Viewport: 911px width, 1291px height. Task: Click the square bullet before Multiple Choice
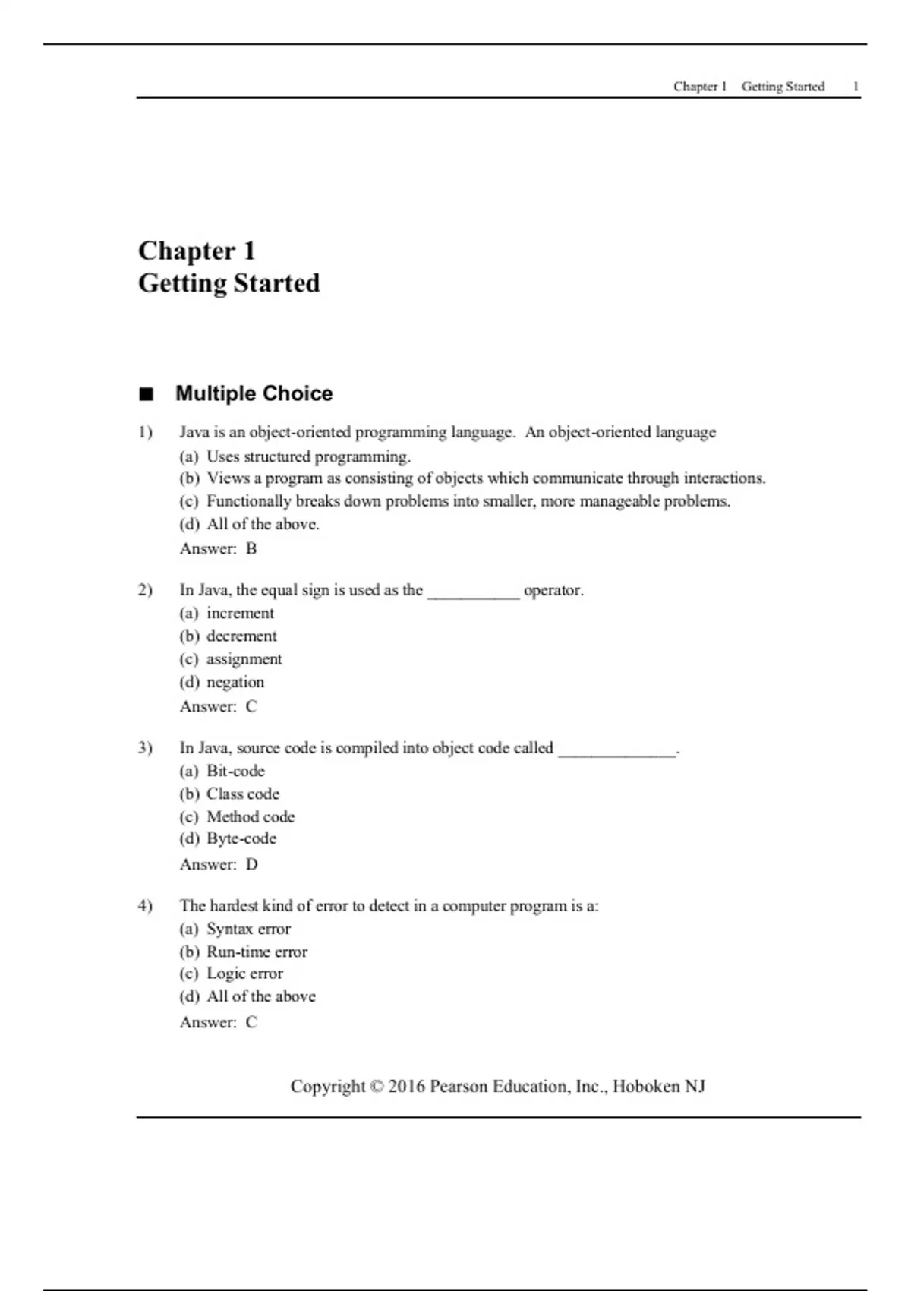pos(146,394)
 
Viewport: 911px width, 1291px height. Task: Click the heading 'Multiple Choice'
pos(254,393)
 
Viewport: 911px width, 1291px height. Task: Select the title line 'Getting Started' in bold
pos(229,283)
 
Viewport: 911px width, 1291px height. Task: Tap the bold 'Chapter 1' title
pos(197,251)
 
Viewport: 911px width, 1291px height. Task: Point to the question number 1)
pos(145,432)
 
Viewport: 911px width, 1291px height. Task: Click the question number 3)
pos(145,748)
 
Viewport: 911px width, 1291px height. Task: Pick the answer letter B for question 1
pos(251,549)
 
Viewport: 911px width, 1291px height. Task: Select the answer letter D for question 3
pos(252,864)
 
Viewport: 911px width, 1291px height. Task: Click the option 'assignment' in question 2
pos(244,659)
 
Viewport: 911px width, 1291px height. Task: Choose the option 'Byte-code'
pos(241,838)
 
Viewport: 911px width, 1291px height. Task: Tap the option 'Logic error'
pos(244,974)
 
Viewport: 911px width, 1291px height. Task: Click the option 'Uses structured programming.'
pos(308,456)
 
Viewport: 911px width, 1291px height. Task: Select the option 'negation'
pos(235,682)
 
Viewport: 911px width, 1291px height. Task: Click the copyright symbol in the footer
pos(377,1087)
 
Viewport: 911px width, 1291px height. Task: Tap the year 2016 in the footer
pos(406,1087)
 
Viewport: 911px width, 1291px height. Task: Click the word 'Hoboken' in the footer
pos(646,1087)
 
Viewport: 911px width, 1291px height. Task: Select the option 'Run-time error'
pos(257,952)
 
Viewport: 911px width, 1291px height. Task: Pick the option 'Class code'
pos(243,794)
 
